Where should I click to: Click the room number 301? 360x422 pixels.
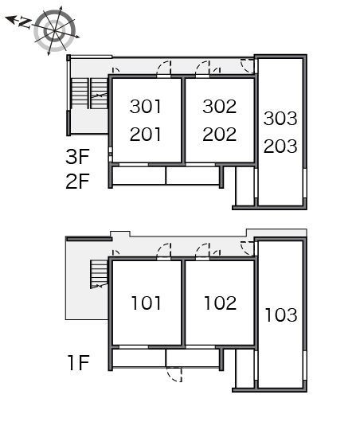(146, 107)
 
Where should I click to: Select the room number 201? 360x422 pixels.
(146, 135)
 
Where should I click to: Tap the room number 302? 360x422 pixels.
(220, 107)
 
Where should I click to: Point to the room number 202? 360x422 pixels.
(220, 135)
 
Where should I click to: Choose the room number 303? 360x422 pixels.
(280, 119)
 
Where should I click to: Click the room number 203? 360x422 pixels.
(280, 147)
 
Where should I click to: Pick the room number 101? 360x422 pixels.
(146, 303)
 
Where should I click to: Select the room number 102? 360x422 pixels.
(221, 303)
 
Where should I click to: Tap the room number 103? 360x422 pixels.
(281, 315)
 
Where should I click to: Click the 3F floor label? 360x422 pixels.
(77, 157)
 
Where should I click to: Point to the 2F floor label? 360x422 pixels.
(77, 182)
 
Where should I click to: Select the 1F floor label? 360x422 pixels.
(78, 363)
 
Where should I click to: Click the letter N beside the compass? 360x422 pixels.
(25, 22)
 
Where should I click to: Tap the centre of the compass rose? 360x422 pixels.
(55, 31)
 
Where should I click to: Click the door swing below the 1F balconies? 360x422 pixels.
(174, 374)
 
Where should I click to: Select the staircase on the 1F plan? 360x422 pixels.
(99, 274)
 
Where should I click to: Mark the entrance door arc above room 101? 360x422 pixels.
(164, 251)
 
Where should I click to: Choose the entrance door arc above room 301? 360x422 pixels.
(164, 68)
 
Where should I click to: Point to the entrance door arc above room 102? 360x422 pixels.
(203, 251)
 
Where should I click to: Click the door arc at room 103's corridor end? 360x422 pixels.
(247, 249)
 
